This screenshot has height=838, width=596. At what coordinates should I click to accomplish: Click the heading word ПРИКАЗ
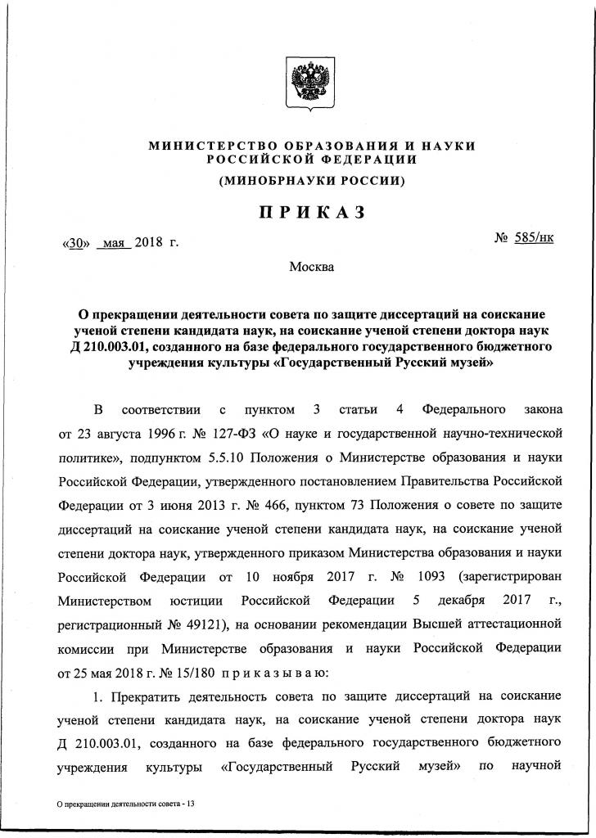coord(312,213)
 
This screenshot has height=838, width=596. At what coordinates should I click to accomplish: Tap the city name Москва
coord(311,266)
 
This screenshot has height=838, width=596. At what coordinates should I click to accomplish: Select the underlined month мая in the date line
coord(114,243)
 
